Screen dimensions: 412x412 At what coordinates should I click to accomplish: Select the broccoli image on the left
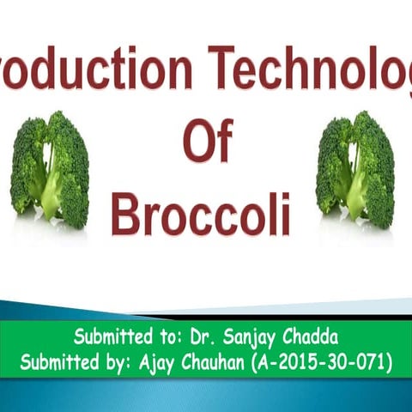[x=50, y=170]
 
